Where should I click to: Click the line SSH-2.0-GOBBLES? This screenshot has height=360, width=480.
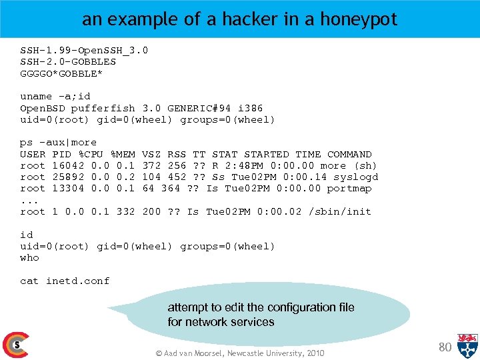click(x=68, y=61)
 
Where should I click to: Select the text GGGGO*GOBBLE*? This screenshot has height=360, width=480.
click(x=61, y=73)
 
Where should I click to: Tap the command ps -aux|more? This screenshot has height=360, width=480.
click(x=59, y=142)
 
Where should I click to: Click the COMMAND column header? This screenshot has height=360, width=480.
click(x=349, y=154)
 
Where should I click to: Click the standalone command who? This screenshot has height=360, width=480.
click(x=29, y=257)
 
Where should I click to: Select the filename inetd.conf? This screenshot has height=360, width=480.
click(x=77, y=281)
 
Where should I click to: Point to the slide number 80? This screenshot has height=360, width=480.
click(x=445, y=346)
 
